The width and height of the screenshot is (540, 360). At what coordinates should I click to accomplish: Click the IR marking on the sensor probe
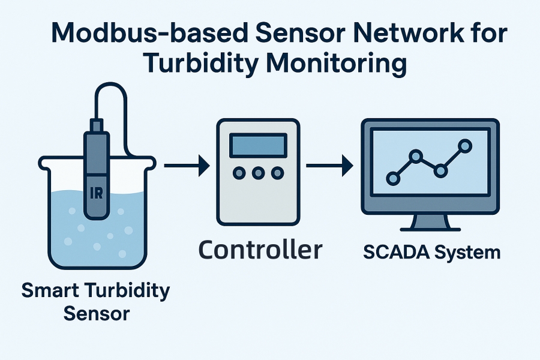[x=95, y=193]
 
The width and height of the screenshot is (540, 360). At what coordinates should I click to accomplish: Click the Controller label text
[x=260, y=250]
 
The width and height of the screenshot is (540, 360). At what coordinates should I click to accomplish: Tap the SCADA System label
[x=431, y=252]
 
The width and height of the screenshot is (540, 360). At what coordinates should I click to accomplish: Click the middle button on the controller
[x=258, y=173]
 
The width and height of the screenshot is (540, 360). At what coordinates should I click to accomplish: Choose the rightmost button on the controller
[x=277, y=173]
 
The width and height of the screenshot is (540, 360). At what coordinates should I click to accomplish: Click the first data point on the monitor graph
[x=393, y=178]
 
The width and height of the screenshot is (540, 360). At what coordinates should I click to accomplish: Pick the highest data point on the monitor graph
[x=464, y=145]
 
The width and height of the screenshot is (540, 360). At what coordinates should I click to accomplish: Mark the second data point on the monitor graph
[x=415, y=157]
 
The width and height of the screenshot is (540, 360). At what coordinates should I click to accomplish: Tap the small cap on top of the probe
[x=96, y=124]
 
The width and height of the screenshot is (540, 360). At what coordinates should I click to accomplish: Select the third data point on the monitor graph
[x=441, y=171]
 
